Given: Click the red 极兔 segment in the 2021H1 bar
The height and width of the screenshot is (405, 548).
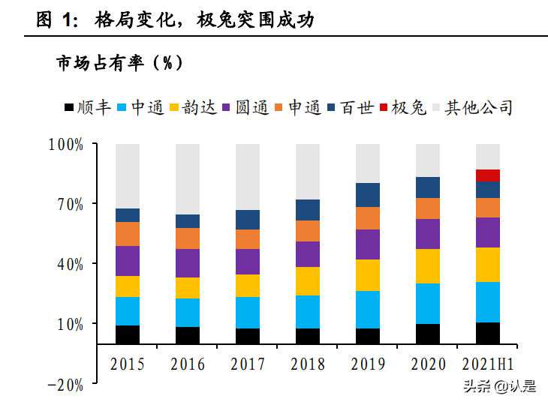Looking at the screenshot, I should [488, 175].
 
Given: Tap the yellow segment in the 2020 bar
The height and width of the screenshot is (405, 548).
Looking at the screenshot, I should [428, 265].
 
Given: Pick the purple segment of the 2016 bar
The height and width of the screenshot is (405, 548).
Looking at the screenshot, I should [188, 262].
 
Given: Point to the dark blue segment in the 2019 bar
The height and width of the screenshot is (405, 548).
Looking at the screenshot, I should [368, 194].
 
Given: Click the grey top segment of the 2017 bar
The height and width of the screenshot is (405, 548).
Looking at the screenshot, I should [248, 176].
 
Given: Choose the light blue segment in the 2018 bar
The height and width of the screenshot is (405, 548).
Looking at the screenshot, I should [308, 311].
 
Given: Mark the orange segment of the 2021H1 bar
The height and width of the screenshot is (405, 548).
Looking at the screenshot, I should [488, 207].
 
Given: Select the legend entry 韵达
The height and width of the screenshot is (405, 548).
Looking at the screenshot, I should [192, 108].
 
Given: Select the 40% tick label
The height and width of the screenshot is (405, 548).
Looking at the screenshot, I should [68, 264].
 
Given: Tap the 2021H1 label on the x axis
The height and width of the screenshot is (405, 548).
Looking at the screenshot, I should [488, 364].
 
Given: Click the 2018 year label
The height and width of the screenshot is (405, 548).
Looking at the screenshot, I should [308, 364].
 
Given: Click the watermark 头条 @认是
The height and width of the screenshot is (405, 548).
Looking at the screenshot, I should [498, 387].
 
